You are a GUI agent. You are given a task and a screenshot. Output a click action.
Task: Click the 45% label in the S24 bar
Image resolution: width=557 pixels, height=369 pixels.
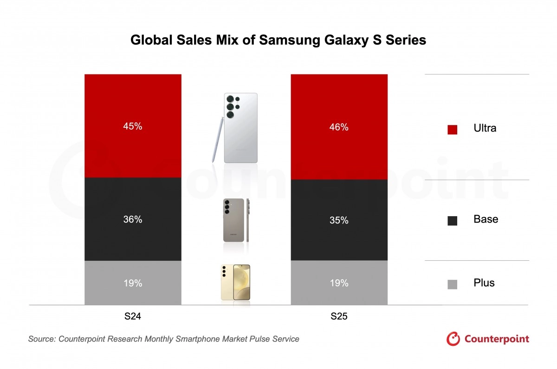pyautogui.click(x=133, y=126)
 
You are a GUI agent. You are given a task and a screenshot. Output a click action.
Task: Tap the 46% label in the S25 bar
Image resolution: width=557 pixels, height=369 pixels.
pyautogui.click(x=339, y=127)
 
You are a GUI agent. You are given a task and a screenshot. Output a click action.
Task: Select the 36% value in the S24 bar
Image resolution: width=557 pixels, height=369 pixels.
pyautogui.click(x=133, y=219)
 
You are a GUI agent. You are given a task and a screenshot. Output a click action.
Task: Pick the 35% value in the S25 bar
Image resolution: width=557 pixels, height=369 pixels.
pyautogui.click(x=339, y=220)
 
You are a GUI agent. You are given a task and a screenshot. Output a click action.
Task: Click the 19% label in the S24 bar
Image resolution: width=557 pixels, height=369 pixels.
pyautogui.click(x=133, y=283)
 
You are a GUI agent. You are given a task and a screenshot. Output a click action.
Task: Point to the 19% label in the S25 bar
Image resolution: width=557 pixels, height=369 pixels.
pyautogui.click(x=339, y=283)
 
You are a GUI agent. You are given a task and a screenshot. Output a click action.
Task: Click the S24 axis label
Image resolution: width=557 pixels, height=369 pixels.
pyautogui.click(x=133, y=317)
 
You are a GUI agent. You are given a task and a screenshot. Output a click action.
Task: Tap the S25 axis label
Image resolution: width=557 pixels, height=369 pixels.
pyautogui.click(x=339, y=317)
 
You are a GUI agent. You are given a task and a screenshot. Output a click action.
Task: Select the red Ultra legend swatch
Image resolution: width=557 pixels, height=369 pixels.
pyautogui.click(x=452, y=130)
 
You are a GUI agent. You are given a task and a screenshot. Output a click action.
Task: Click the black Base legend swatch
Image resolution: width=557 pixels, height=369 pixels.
pyautogui.click(x=452, y=221)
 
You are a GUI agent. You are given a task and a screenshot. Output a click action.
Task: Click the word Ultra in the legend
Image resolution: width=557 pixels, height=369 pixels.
pyautogui.click(x=485, y=128)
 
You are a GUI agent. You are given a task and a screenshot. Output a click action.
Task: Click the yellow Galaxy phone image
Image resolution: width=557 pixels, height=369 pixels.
pyautogui.click(x=235, y=282)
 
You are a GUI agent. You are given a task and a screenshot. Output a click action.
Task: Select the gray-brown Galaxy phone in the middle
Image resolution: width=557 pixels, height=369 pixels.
pyautogui.click(x=233, y=220)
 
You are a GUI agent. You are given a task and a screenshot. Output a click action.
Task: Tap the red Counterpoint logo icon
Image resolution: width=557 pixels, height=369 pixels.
pyautogui.click(x=453, y=339)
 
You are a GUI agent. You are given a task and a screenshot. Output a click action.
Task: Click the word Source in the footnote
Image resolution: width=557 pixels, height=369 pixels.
pyautogui.click(x=41, y=339)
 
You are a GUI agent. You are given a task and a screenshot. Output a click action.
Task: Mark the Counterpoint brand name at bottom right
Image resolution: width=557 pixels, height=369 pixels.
pyautogui.click(x=496, y=339)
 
